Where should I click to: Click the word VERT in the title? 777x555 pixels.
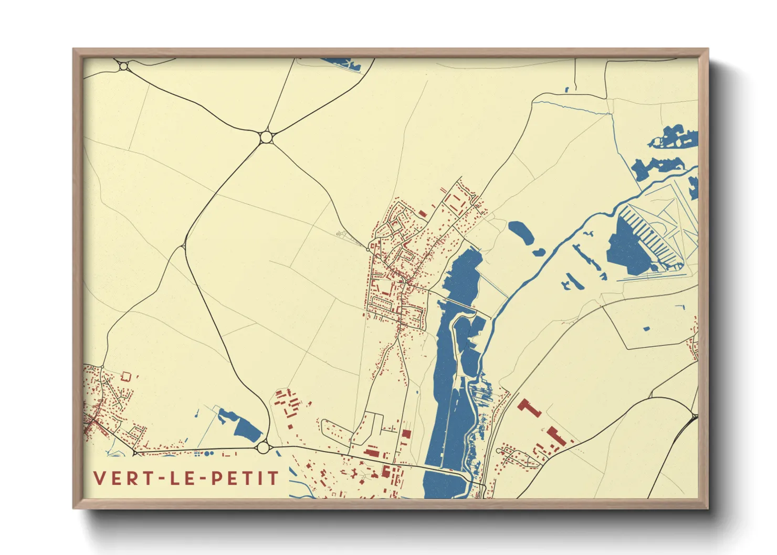[121, 478]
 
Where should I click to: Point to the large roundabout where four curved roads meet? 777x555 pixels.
[266, 137]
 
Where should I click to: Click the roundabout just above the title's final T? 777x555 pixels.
[263, 447]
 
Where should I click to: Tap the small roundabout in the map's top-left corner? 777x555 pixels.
[123, 66]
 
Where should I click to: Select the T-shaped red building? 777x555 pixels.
[529, 407]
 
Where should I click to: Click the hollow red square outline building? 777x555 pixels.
[125, 376]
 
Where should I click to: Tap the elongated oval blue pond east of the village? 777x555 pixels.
[521, 232]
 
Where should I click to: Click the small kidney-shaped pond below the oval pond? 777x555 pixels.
[539, 252]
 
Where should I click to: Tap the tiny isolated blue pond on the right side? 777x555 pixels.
[646, 329]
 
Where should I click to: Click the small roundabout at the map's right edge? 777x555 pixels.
[695, 417]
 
